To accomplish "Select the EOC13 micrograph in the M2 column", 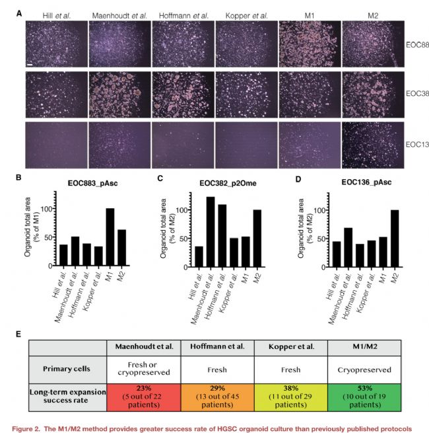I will pyautogui.click(x=373, y=145).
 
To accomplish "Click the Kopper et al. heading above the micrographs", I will pyautogui.click(x=246, y=15).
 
